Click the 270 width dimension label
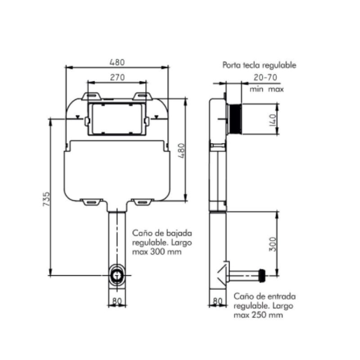117,77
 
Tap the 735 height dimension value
46,199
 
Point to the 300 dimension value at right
273,244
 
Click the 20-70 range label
265,77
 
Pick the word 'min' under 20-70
256,89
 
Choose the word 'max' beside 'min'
276,89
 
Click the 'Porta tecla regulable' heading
259,65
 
